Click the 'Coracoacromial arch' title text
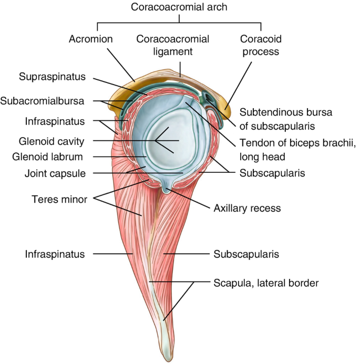point(180,8)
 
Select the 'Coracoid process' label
point(259,45)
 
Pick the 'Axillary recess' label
point(246,208)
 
